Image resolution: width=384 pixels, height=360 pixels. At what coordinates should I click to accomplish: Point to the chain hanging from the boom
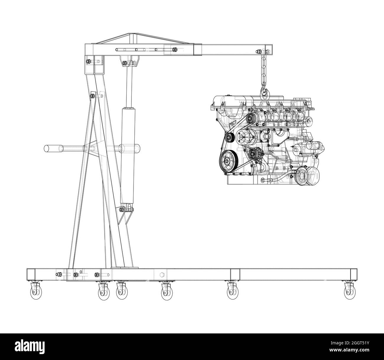pyautogui.click(x=262, y=71)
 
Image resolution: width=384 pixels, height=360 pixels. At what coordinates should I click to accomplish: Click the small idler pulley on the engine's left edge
pyautogui.click(x=229, y=138)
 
